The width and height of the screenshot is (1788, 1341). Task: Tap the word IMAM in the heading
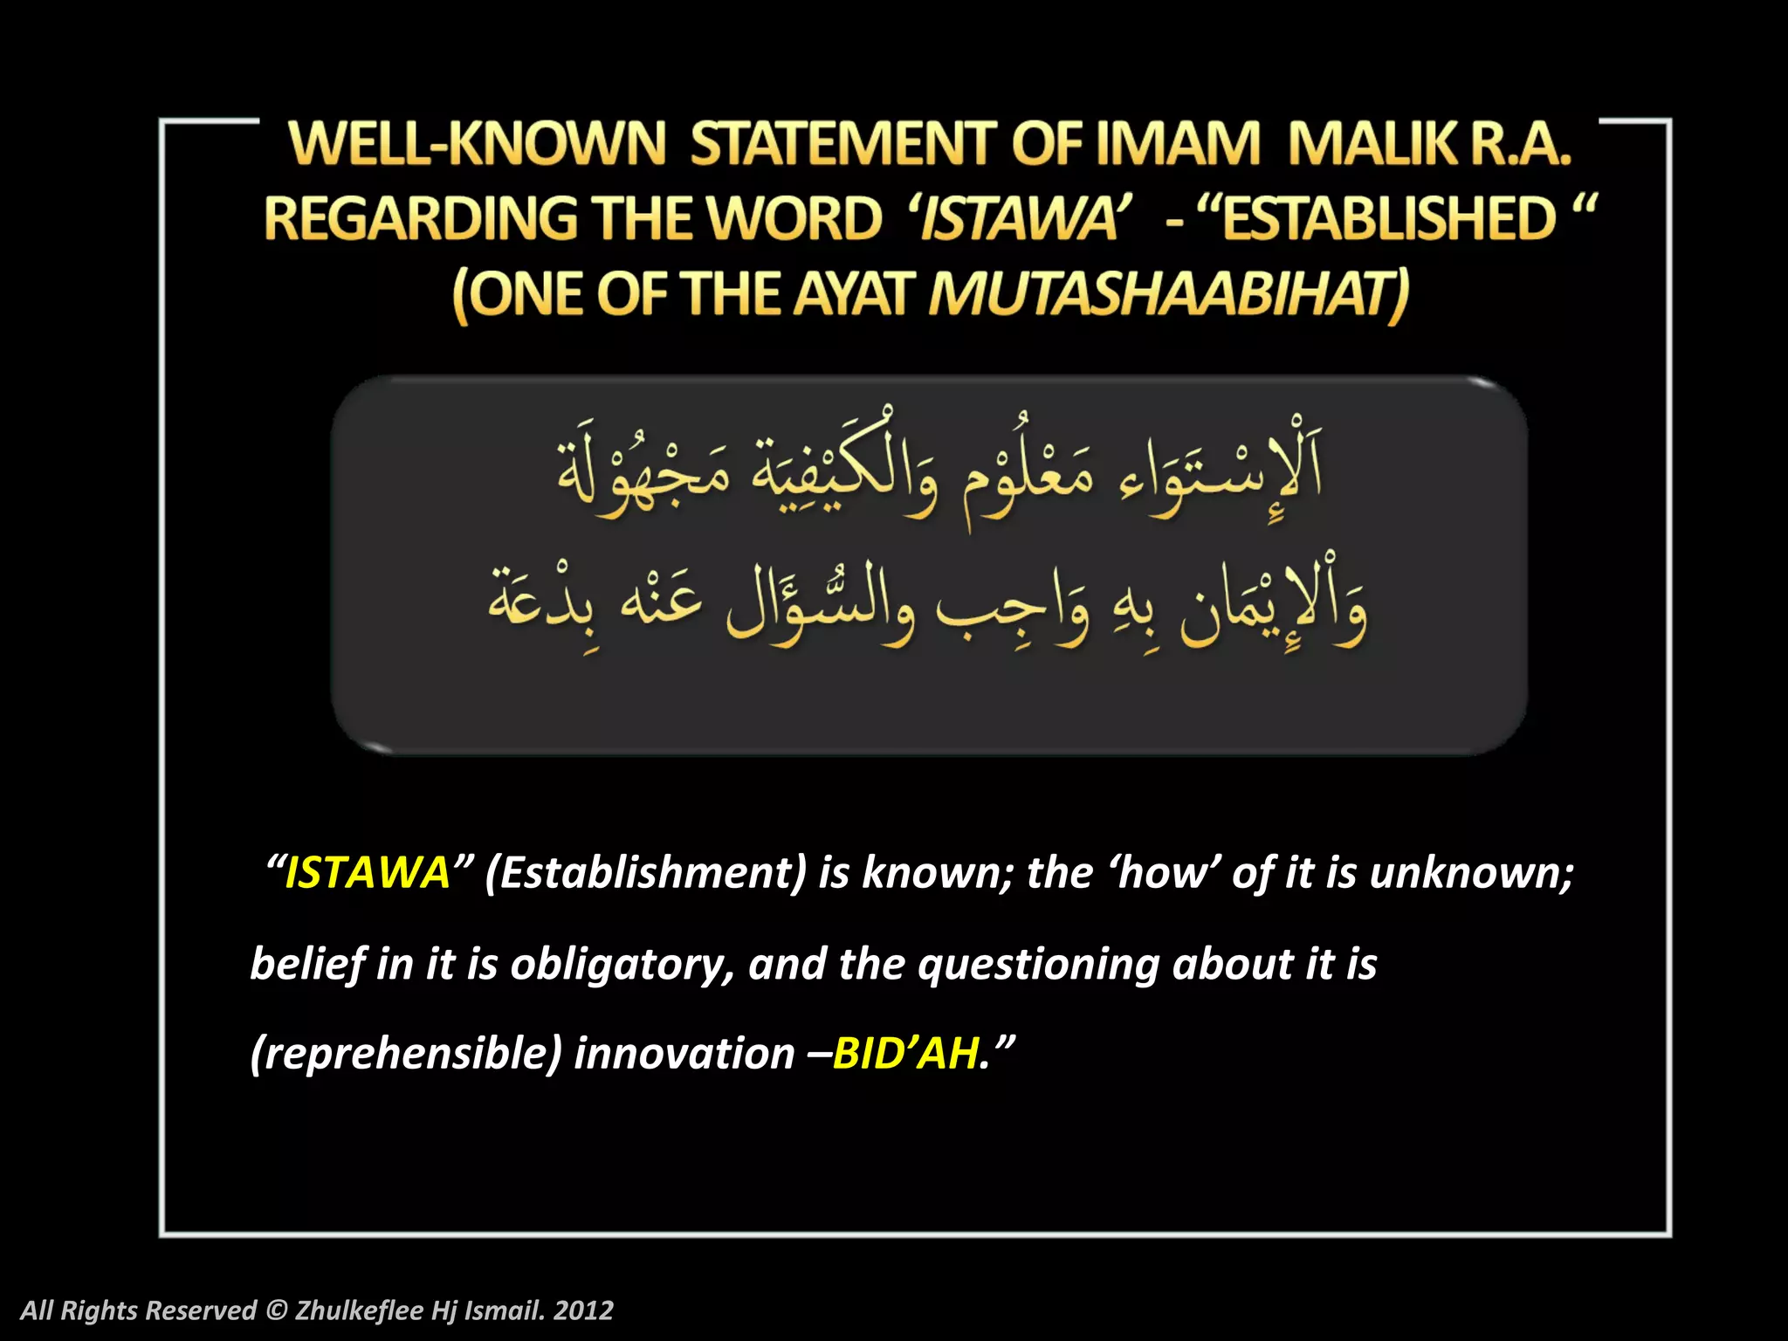[1178, 144]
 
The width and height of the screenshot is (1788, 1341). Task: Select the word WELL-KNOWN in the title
[478, 144]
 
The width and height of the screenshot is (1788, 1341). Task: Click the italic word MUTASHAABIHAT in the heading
[1168, 294]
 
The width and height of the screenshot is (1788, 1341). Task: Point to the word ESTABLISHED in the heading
[1388, 218]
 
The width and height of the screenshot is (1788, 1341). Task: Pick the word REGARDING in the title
[420, 218]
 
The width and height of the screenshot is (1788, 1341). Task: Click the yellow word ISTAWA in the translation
[368, 872]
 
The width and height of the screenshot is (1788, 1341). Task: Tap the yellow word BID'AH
[904, 1053]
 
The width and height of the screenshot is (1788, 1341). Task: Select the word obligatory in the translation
[622, 964]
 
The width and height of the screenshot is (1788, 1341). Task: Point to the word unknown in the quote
[1471, 872]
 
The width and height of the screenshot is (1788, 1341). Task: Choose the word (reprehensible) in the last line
[405, 1053]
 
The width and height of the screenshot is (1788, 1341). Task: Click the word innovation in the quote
[684, 1053]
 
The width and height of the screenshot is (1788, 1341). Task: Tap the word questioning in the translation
[1038, 964]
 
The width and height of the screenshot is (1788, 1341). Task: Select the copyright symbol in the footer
[276, 1310]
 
